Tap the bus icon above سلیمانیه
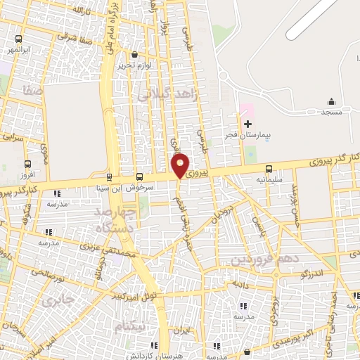pyautogui.click(x=269, y=169)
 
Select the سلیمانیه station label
pyautogui.click(x=269, y=179)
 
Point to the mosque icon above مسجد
pyautogui.click(x=330, y=103)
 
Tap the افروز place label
pyautogui.click(x=27, y=173)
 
